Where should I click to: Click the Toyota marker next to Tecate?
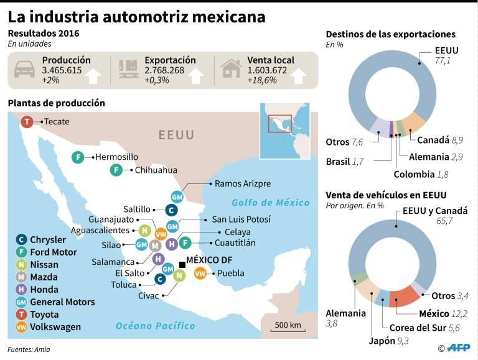[27, 122]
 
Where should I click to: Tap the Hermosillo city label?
[117, 157]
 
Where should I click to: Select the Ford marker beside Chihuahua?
[116, 170]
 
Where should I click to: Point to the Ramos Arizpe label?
[242, 183]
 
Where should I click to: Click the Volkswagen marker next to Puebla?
[200, 273]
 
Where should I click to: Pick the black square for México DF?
[181, 265]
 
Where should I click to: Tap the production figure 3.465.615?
[62, 70]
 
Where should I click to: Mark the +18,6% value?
[262, 81]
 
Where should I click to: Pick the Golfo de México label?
[270, 202]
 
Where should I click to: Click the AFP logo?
[460, 348]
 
